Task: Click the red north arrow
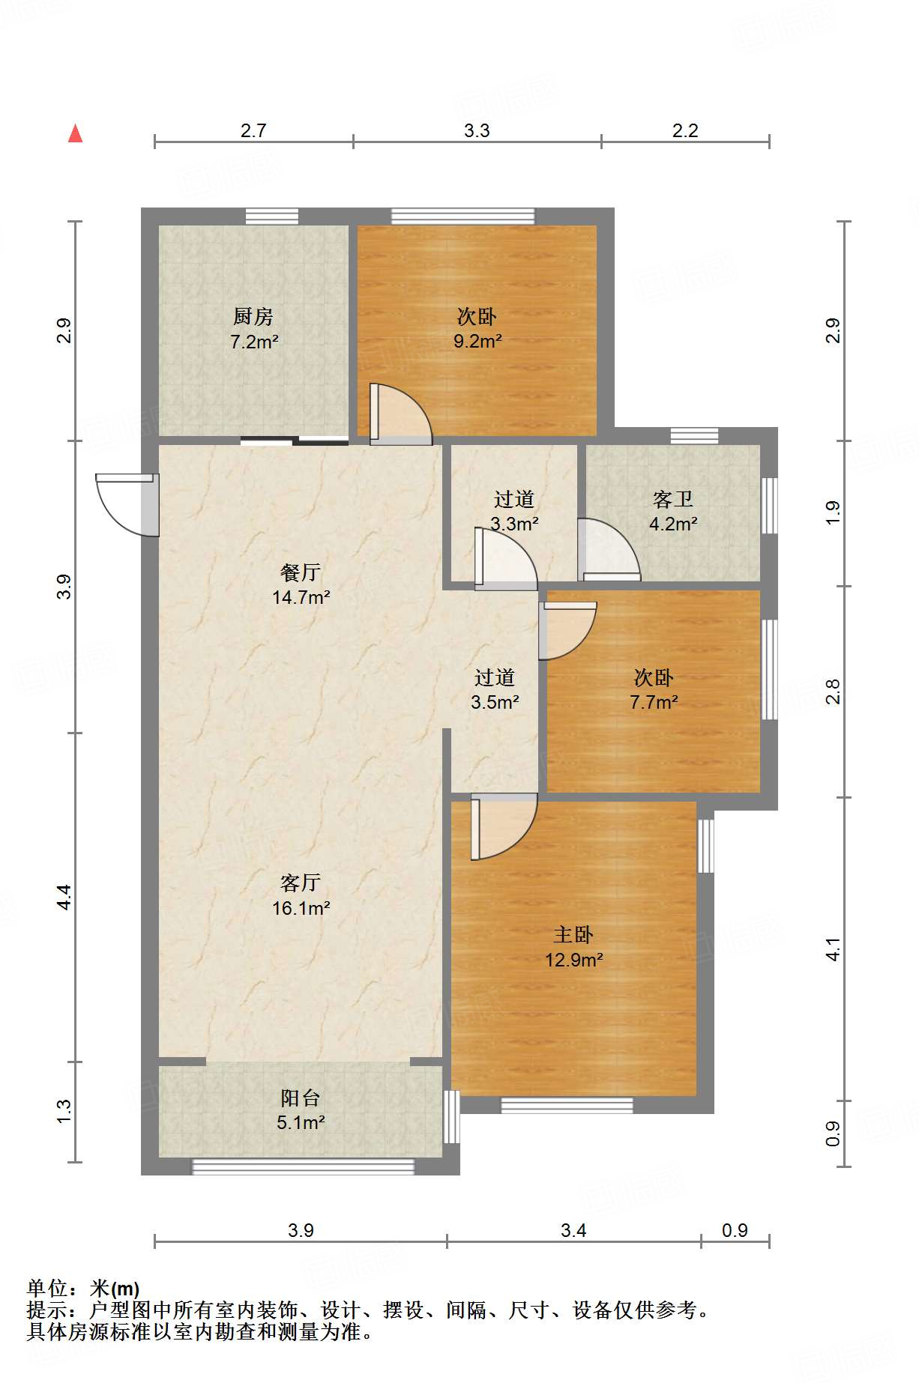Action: tap(75, 133)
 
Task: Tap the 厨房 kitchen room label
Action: tap(253, 317)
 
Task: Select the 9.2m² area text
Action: tap(477, 342)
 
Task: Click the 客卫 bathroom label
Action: tap(672, 499)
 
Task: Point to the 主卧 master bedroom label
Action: tap(573, 934)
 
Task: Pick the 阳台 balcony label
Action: tap(300, 1098)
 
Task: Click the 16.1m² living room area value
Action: tap(301, 908)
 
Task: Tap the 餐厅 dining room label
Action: tap(300, 572)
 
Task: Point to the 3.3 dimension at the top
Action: tap(477, 131)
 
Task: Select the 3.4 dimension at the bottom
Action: tap(573, 1230)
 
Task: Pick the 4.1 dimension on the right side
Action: tap(833, 948)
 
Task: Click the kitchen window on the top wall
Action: tap(272, 217)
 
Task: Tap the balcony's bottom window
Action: tap(303, 1166)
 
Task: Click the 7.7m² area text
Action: tap(654, 703)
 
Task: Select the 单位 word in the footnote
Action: tap(46, 1289)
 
